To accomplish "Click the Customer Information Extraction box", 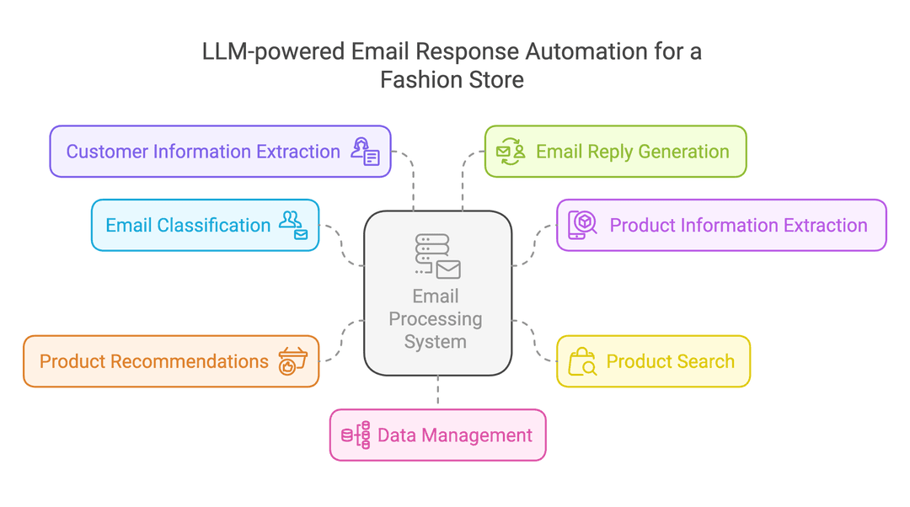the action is point(221,152).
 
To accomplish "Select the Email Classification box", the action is point(206,225).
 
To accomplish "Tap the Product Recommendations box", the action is point(171,361).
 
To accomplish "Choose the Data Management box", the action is point(438,435).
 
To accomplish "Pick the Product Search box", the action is point(654,361).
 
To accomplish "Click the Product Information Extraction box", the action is point(721,225).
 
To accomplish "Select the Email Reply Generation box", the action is point(616,152).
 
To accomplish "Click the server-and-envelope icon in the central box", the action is point(438,256).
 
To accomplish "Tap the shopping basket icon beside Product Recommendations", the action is point(293,360).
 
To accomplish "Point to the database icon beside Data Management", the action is point(356,435).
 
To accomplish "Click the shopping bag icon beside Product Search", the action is point(582,361).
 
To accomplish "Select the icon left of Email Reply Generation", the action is point(511,152).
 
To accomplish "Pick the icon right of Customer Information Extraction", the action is point(366,152).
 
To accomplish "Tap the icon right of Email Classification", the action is point(294,225).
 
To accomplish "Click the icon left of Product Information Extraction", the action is point(582,225).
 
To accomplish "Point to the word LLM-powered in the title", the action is point(273,52).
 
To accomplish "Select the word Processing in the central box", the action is point(436,320).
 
